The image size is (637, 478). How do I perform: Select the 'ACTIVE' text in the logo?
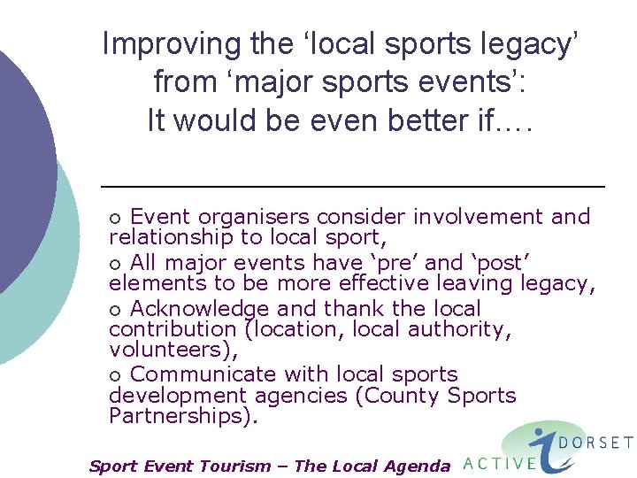click(x=500, y=462)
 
